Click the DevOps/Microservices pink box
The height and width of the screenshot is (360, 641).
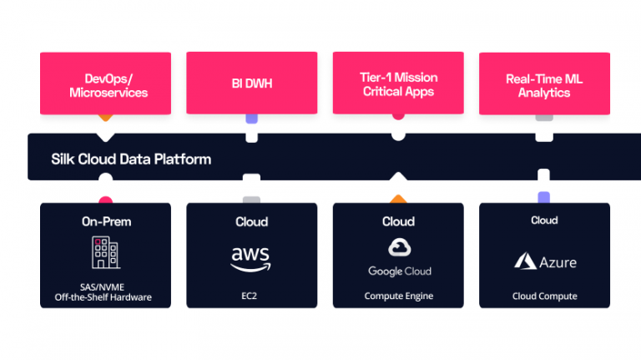point(105,84)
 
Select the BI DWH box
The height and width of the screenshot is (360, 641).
point(252,83)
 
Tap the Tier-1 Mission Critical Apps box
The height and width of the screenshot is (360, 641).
point(398,83)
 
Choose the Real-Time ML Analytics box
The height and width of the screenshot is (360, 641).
point(544,84)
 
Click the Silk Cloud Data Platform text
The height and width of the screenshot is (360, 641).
point(131,160)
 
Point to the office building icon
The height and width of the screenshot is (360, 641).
point(106,252)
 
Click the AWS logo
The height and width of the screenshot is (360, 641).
point(250,259)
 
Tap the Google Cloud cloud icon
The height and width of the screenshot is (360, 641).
point(400,247)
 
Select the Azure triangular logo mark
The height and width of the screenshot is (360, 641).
point(525,261)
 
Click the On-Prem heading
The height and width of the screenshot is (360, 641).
point(106,221)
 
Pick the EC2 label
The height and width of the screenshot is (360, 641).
point(249,296)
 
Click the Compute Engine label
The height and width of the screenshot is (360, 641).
point(399,297)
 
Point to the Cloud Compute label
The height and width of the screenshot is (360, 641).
point(544,297)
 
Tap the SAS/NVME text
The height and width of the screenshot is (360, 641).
point(102,287)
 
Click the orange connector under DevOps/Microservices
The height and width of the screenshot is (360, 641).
point(105,118)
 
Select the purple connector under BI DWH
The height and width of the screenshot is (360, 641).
point(251,119)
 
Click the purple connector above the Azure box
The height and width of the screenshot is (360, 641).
point(543,197)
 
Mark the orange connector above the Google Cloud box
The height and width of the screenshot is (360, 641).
point(398,200)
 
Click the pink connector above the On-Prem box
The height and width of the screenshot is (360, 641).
point(105,200)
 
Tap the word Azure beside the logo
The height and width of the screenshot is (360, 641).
point(558,262)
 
